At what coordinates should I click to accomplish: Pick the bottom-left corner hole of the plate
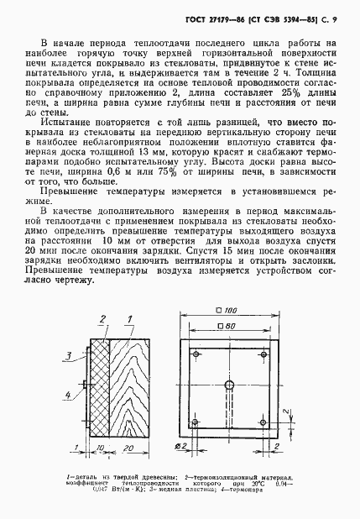pyautogui.click(x=195, y=422)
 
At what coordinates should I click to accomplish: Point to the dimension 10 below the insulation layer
pyautogui.click(x=99, y=449)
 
